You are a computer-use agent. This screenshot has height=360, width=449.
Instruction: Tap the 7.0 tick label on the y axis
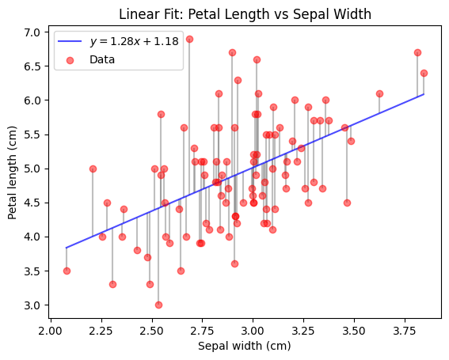coord(32,32)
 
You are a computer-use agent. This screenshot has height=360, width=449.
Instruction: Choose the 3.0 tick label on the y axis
coord(32,305)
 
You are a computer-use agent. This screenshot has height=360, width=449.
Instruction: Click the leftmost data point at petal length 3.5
coord(67,271)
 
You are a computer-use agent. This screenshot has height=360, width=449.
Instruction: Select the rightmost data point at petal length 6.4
coord(424,73)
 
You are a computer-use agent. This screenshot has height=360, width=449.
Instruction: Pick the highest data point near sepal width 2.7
coord(189,39)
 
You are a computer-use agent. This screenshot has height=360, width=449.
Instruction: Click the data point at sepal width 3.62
coord(379,93)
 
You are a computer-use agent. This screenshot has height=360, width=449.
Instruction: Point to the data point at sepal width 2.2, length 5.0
coord(93,169)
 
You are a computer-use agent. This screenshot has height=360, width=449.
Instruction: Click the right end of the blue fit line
coord(424,94)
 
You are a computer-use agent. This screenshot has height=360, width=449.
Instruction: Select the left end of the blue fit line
coord(67,248)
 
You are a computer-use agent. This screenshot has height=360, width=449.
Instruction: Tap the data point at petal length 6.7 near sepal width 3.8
coord(417,52)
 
